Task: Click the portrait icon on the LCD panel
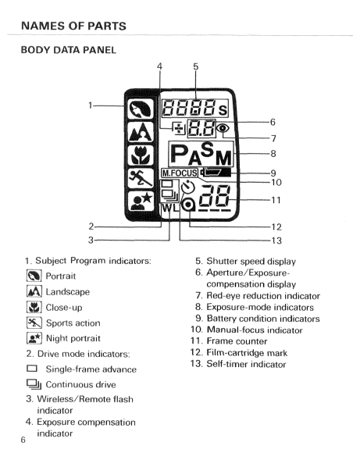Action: pos(141,109)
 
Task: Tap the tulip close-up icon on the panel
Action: pos(141,155)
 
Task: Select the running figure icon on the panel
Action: pos(141,178)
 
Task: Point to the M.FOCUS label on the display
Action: pos(180,173)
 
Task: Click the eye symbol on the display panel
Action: pos(223,128)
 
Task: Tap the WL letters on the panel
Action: pos(170,208)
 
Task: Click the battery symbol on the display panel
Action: pos(215,172)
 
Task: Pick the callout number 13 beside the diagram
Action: pos(276,241)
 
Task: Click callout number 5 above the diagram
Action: pos(196,66)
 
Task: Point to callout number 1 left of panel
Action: pos(91,105)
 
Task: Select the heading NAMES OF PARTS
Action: pos(73,26)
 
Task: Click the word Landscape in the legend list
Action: pos(68,291)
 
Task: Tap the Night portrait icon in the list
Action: pos(34,338)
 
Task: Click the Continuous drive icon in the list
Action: pos(34,384)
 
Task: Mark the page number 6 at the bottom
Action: pos(23,440)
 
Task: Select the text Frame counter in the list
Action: pos(237,341)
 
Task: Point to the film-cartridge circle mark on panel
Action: pos(188,205)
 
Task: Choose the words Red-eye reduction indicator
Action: pos(263,296)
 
